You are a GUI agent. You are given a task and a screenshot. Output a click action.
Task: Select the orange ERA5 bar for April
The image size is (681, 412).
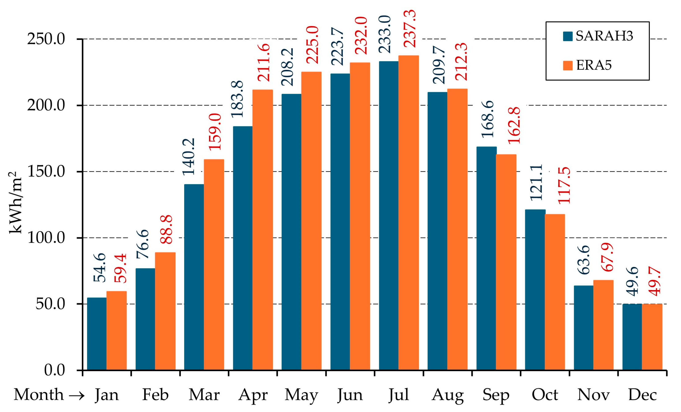pos(263,230)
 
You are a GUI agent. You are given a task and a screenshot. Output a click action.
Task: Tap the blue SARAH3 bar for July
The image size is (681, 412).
pos(389,215)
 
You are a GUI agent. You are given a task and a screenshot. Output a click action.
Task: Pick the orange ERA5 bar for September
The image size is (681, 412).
pos(506,262)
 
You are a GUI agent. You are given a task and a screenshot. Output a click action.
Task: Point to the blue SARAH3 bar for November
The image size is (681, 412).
pos(584,328)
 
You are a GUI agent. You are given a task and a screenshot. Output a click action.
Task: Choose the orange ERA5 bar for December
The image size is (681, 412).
pos(652,337)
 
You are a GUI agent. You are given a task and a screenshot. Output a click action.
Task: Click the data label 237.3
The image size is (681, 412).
pos(409,28)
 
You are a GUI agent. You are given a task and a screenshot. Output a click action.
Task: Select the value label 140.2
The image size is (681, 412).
pos(189,157)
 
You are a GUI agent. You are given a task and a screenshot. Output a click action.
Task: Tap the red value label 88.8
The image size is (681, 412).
pos(166,229)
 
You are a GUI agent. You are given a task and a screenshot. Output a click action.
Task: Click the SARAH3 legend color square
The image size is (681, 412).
pos(568,36)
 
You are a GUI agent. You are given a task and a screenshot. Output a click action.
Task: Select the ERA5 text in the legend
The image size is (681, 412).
pos(594,66)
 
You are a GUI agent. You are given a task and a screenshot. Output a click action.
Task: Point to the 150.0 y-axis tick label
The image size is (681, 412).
pos(46,172)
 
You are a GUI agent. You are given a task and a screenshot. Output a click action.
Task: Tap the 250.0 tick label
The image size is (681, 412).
pos(46,39)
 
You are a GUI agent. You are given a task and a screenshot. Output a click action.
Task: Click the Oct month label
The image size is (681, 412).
pos(545,395)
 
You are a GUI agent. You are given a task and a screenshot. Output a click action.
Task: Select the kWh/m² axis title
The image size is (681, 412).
pos(15,202)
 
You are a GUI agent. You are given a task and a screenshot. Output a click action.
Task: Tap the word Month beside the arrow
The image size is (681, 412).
pos(39,395)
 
